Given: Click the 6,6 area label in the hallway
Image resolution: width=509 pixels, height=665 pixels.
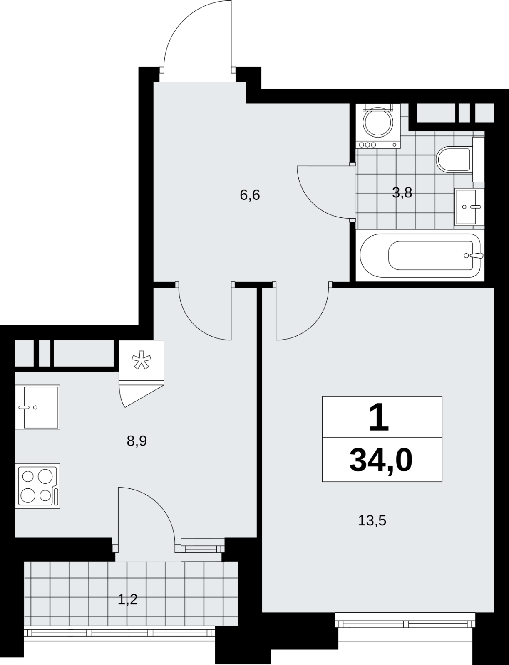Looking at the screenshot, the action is tap(250, 195).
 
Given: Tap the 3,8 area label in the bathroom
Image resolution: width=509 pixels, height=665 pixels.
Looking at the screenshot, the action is tap(402, 192).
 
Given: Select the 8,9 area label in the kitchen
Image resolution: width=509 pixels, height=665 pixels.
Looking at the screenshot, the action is tap(137, 441).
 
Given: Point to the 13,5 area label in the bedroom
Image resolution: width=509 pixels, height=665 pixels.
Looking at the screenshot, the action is tap(372, 521).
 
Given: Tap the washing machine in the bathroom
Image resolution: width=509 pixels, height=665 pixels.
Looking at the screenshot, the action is tap(379, 126).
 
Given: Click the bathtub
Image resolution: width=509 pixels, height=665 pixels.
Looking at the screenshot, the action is tap(420, 255).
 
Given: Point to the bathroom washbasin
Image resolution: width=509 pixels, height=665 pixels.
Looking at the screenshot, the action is tap(469, 206).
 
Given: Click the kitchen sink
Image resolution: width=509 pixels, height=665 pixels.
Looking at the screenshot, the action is tap(37, 407).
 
